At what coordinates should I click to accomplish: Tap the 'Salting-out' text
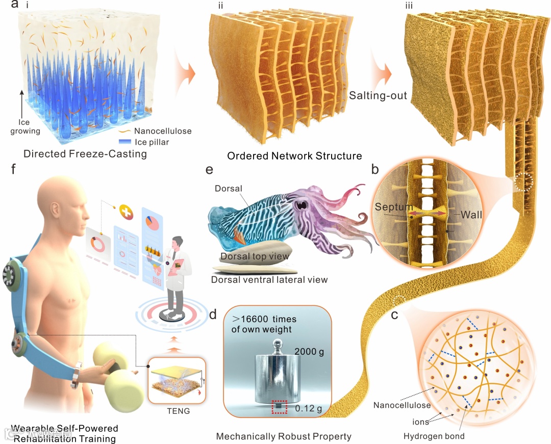pos(378,95)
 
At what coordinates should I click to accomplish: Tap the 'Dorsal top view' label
pos(255,256)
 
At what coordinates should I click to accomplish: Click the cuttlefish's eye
pos(303,204)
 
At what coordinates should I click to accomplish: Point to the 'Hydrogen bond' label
pos(434,436)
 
